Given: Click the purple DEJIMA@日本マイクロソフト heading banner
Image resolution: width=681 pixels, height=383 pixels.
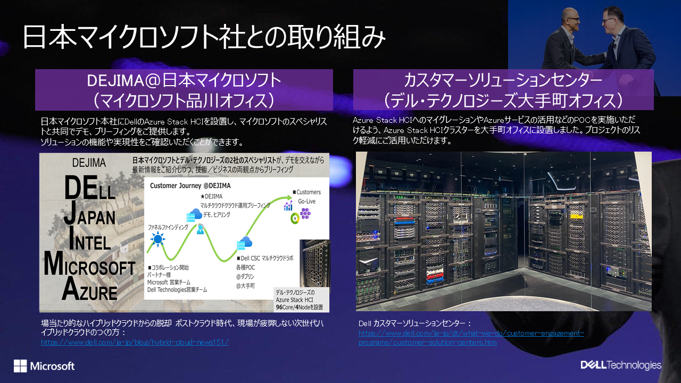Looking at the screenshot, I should click(184, 89).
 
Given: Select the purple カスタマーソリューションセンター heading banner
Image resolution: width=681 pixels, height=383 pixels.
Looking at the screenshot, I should click(503, 89).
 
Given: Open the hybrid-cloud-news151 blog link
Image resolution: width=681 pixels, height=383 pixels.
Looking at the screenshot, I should click(135, 342).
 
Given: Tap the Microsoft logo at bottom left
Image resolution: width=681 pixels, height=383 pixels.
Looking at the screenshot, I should click(44, 366).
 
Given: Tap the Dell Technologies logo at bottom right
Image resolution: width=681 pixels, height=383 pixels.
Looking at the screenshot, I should click(620, 365).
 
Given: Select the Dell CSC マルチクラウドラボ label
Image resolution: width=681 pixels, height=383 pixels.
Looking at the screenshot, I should click(264, 258).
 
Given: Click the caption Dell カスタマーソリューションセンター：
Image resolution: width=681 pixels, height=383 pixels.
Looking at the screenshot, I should click(415, 323).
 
